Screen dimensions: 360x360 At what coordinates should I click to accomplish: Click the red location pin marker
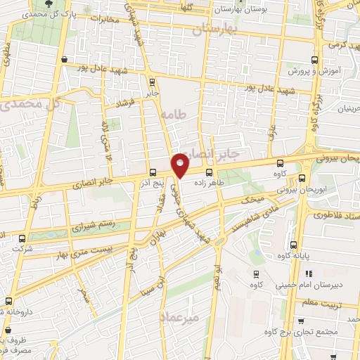180,165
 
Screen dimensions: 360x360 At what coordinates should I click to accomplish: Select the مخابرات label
101,19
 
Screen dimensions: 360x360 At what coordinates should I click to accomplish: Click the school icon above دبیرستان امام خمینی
311,274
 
